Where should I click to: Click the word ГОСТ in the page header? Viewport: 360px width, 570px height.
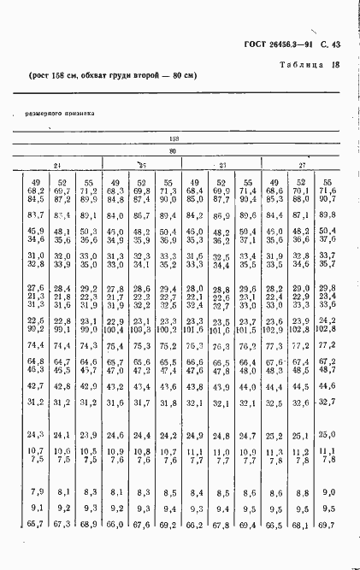coord(245,44)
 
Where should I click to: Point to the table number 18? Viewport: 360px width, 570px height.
coord(336,64)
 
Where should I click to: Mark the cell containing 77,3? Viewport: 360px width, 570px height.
coord(274,345)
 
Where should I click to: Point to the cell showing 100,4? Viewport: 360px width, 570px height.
coord(115,329)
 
